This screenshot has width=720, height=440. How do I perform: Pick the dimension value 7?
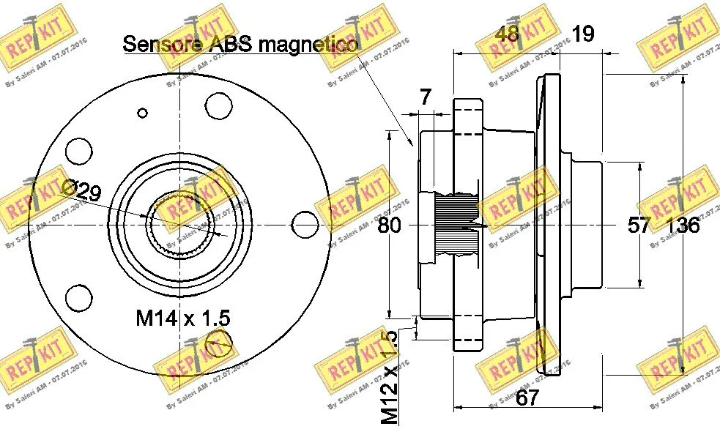(x=426, y=96)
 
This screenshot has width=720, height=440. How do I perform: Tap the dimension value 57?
(x=639, y=225)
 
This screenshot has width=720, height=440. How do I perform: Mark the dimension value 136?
(x=683, y=225)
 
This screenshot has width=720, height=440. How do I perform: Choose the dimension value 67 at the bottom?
(x=527, y=399)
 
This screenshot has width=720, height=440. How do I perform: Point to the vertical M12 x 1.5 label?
(x=390, y=377)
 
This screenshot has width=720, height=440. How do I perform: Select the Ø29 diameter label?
(x=82, y=193)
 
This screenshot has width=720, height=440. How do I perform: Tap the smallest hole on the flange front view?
(x=144, y=113)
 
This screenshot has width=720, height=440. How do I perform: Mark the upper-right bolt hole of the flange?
(x=218, y=104)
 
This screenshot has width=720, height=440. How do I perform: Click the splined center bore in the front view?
(x=176, y=224)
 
